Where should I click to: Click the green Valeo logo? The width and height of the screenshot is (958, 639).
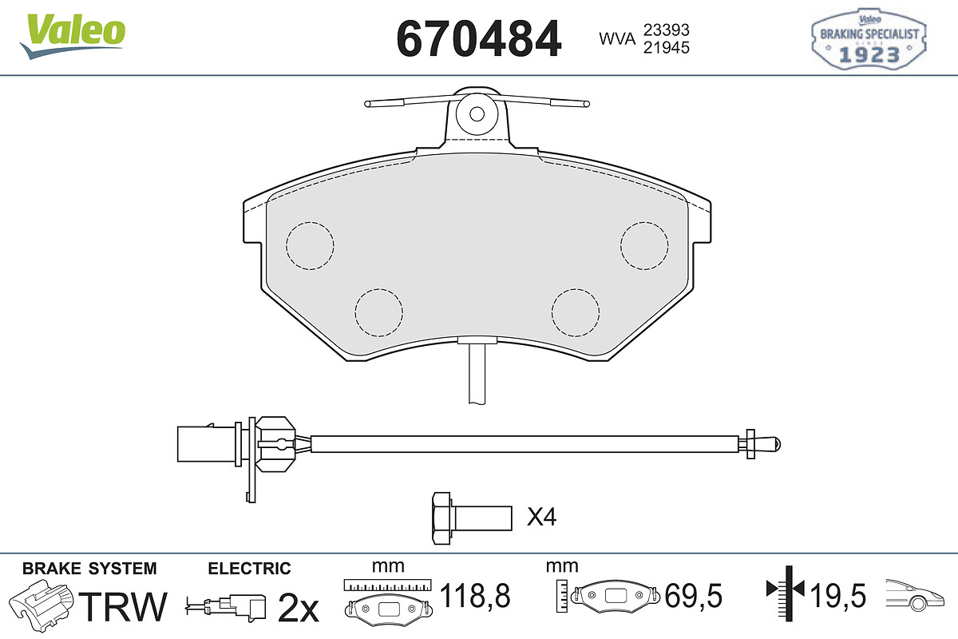73,36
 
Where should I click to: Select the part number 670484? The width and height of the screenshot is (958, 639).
478,39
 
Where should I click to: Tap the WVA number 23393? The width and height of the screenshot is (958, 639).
667,30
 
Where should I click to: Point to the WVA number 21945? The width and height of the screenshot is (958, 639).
667,47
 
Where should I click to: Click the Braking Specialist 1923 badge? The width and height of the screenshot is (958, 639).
869,39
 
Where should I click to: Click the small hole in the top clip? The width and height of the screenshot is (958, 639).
477,114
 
